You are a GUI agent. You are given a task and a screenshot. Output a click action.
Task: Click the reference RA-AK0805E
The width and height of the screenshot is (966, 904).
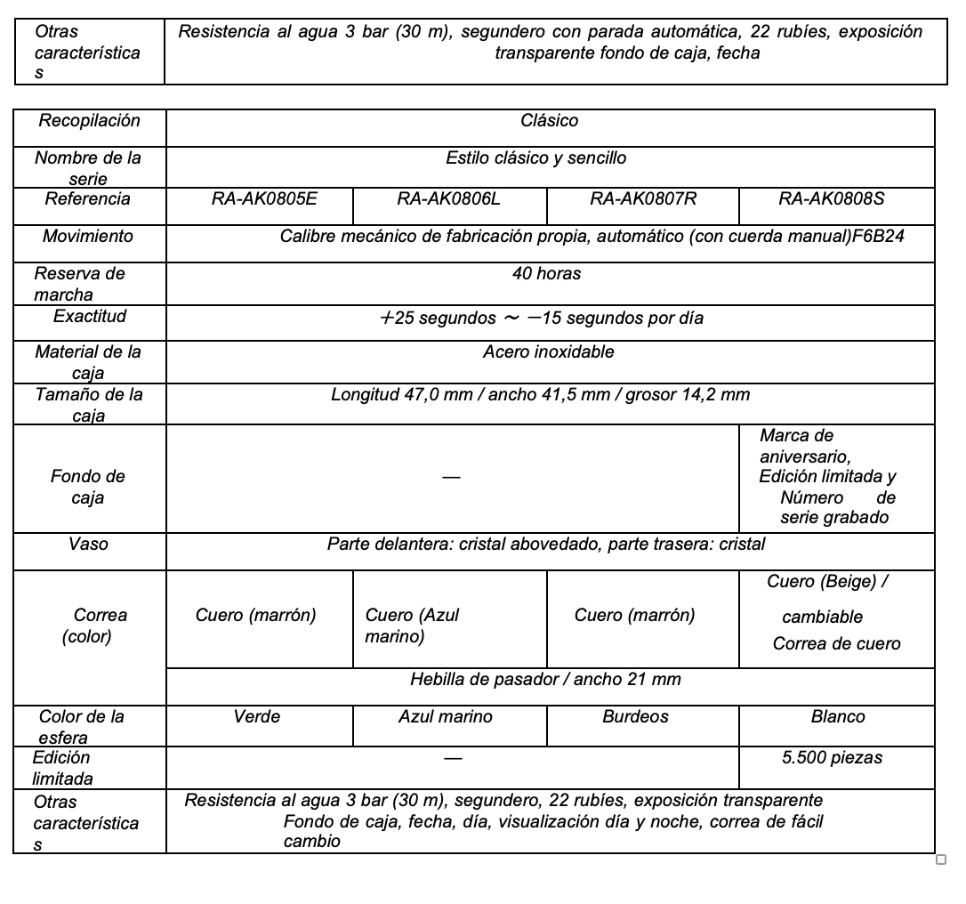coord(264,199)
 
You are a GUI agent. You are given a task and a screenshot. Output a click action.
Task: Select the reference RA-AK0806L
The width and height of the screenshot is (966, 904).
coord(448,199)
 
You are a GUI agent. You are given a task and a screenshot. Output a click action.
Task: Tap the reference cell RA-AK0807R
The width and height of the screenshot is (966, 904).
coord(643,199)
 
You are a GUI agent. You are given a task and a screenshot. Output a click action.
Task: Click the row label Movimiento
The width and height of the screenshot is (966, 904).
coord(88,237)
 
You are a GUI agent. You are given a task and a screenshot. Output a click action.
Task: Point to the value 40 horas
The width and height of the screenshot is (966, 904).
coord(546,274)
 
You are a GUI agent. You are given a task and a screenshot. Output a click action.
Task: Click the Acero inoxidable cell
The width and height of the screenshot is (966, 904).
coord(548,352)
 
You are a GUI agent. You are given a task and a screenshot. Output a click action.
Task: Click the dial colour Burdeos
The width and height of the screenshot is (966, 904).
coord(635,717)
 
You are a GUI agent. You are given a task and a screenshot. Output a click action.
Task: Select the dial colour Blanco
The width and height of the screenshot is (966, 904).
coord(837,717)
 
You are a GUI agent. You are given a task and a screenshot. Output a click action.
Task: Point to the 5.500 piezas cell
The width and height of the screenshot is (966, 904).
coord(832,758)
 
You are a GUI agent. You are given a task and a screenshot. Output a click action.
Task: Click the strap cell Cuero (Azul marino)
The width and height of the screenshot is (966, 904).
coord(412,626)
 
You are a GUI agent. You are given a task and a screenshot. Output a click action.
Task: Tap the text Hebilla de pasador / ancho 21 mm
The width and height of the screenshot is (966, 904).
coord(545,680)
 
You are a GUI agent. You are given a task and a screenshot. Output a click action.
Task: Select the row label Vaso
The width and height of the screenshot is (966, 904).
coord(88,544)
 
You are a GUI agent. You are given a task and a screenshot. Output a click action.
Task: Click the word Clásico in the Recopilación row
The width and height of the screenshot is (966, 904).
coord(549,121)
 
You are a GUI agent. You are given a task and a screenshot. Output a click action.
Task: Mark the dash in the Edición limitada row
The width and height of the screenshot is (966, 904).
coord(453,759)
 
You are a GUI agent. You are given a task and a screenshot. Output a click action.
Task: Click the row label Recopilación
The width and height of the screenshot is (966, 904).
coord(89,121)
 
